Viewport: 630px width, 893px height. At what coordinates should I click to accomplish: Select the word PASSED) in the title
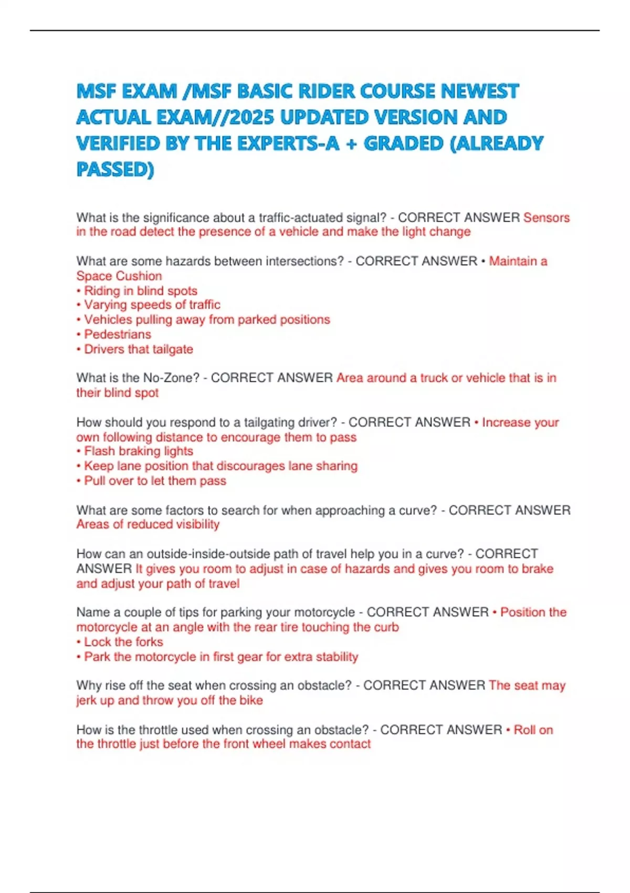(x=115, y=170)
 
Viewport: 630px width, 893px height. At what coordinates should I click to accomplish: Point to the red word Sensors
(x=546, y=217)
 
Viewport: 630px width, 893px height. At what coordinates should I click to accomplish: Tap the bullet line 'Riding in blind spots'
(x=140, y=290)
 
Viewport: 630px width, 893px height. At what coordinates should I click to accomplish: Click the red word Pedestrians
(x=117, y=334)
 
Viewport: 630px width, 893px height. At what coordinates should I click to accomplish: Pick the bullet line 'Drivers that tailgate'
(x=138, y=349)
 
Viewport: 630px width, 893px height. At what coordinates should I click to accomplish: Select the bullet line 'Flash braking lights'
(x=138, y=451)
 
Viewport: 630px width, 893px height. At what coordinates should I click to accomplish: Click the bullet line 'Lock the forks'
(x=123, y=641)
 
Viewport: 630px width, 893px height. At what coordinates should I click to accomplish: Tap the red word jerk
(x=87, y=700)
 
